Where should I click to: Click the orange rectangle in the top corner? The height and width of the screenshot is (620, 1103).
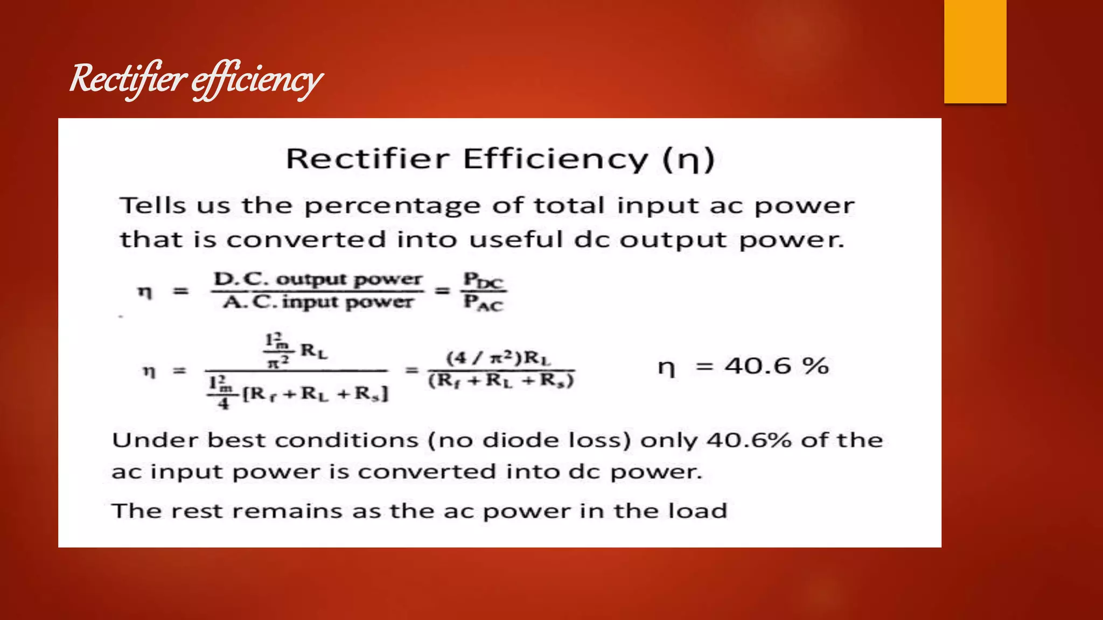[x=975, y=51]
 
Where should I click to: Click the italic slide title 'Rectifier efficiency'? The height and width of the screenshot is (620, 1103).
[x=196, y=79]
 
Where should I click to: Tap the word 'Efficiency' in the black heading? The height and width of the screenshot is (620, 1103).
[x=555, y=159]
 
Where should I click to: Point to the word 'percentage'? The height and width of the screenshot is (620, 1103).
[x=392, y=206]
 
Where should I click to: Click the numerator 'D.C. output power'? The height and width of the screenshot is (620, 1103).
[x=318, y=279]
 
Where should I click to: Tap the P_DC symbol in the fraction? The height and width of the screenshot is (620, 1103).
[x=483, y=280]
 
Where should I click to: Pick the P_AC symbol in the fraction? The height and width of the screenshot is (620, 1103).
[x=483, y=303]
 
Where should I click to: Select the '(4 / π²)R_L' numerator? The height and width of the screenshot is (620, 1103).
[x=499, y=358]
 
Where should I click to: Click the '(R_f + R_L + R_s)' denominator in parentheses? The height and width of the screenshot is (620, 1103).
[x=501, y=381]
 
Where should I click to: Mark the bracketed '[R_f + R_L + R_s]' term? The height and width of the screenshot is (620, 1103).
[x=315, y=394]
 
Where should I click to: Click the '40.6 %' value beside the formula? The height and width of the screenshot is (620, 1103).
[x=776, y=367]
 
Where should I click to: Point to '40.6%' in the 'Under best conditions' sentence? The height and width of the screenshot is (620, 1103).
[x=749, y=440]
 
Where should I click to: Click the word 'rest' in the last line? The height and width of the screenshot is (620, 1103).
[x=197, y=511]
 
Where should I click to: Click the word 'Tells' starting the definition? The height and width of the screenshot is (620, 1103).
[x=153, y=206]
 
